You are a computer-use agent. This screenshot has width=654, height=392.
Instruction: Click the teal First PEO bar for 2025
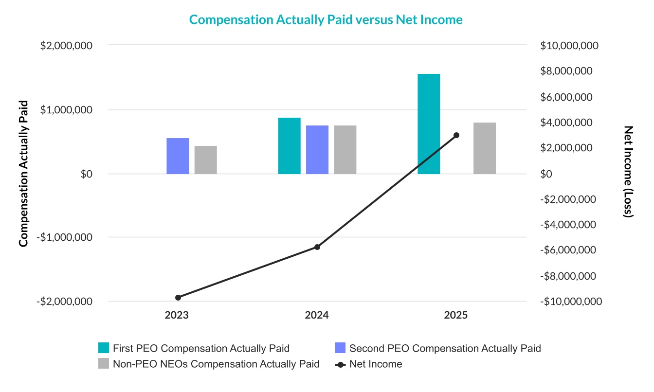click(429, 124)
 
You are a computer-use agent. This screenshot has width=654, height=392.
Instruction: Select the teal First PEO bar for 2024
click(289, 146)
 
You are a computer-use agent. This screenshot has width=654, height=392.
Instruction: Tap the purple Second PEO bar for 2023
click(178, 156)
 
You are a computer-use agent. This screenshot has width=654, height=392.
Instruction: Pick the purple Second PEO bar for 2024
click(317, 150)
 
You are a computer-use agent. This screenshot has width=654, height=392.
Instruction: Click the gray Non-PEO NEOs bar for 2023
click(205, 160)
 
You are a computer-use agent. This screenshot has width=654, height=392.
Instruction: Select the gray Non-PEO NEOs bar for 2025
click(484, 148)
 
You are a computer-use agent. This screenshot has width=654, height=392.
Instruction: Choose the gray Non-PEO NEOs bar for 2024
click(345, 150)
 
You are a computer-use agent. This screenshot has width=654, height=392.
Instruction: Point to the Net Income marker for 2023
click(178, 298)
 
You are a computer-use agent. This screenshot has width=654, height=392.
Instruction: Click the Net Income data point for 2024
click(317, 247)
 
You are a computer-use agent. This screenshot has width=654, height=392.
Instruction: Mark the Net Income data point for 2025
click(456, 135)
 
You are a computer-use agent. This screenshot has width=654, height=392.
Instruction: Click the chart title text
click(326, 19)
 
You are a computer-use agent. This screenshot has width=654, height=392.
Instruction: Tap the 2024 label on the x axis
click(317, 315)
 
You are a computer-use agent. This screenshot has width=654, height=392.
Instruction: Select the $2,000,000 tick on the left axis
click(67, 46)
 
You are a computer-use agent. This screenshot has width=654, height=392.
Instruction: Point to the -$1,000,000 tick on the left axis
click(65, 237)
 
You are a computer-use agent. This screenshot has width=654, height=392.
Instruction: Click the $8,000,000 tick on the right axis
click(569, 71)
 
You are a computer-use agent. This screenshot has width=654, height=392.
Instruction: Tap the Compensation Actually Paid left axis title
click(22, 173)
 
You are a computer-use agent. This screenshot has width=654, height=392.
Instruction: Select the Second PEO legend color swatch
click(340, 348)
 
